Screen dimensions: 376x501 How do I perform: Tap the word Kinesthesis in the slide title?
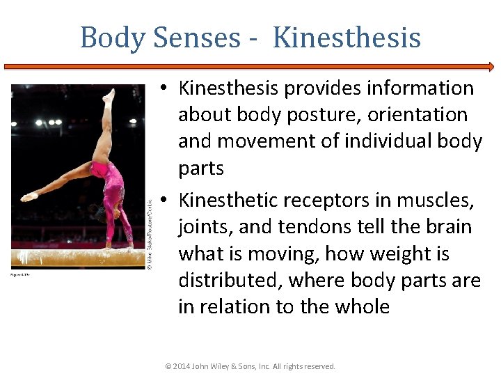(347, 37)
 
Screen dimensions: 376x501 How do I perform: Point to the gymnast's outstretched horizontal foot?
(29, 197)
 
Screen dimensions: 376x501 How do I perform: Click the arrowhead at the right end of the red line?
(491, 67)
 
